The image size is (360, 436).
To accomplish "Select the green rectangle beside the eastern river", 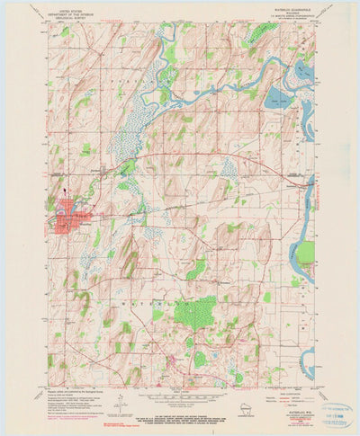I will (x=305, y=253).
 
